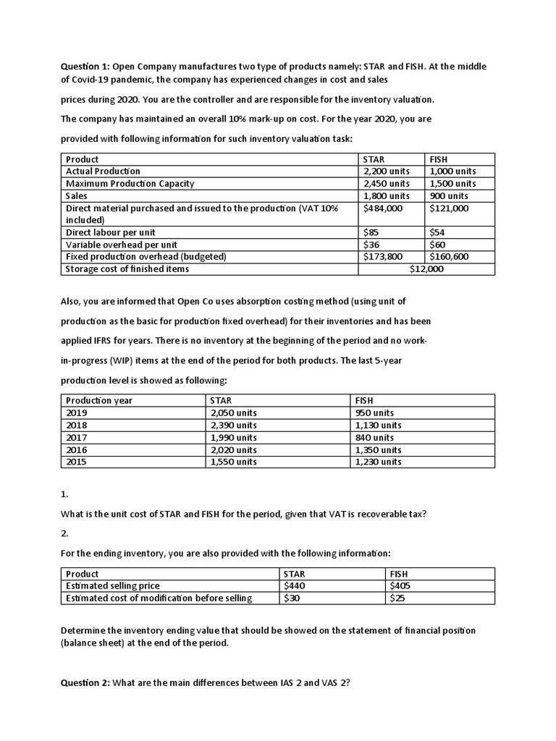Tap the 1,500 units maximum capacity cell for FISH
click(x=452, y=184)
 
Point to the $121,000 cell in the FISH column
click(x=449, y=208)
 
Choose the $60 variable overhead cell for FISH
click(x=438, y=245)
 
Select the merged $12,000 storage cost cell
click(x=426, y=269)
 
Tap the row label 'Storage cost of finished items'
click(x=127, y=269)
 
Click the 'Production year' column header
click(x=99, y=400)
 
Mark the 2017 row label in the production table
click(x=76, y=438)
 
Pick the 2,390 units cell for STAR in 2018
click(x=233, y=425)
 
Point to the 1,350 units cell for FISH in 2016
click(x=378, y=450)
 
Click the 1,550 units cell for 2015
click(x=233, y=462)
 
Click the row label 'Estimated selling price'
click(x=113, y=585)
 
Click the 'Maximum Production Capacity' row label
click(x=130, y=184)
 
